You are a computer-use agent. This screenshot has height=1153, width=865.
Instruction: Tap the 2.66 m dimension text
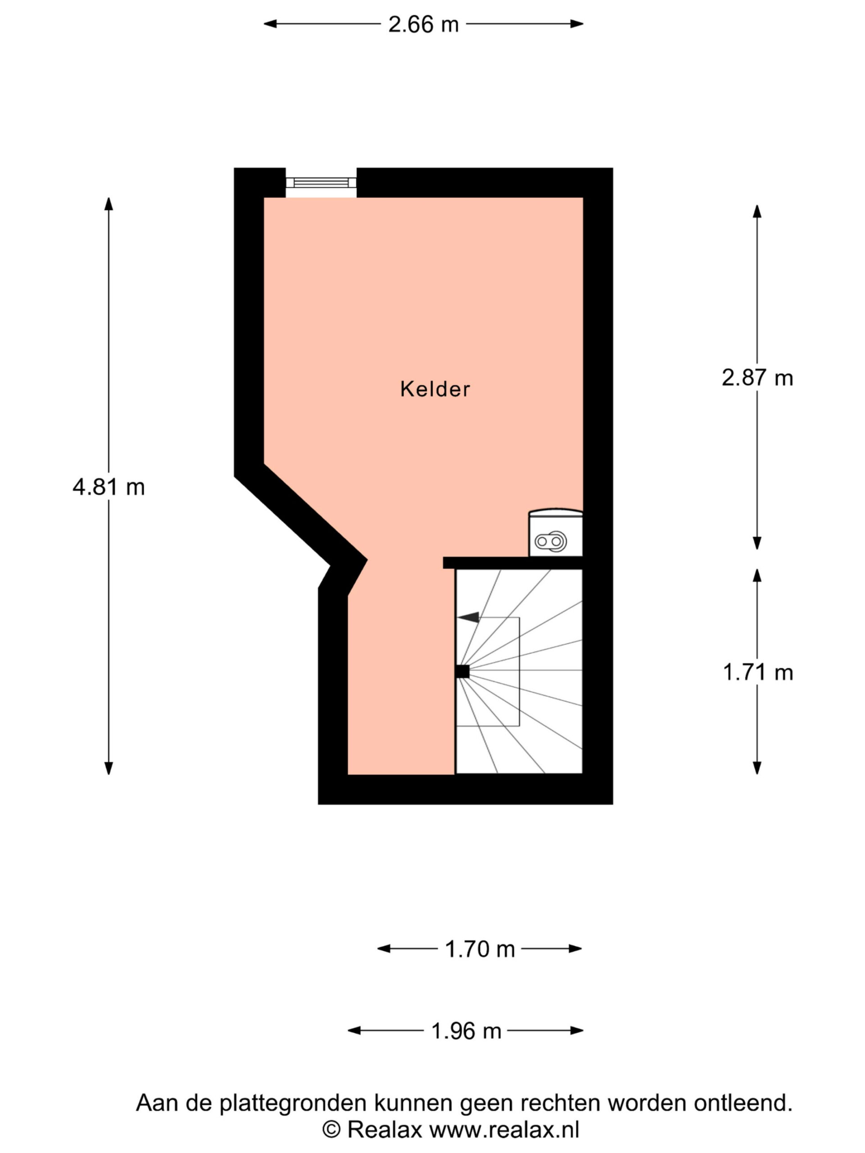423,24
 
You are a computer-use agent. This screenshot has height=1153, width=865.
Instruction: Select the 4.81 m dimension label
109,487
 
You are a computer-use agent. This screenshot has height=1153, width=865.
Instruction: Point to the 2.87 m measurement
757,377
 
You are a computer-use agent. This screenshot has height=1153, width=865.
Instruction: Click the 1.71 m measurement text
758,672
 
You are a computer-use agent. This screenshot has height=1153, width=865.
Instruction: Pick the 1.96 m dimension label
466,1030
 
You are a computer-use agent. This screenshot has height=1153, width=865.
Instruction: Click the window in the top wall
321,182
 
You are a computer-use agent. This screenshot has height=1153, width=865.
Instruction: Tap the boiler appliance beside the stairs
555,533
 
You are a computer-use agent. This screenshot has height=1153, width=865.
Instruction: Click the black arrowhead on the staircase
468,617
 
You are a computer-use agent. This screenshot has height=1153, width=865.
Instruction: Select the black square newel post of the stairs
462,672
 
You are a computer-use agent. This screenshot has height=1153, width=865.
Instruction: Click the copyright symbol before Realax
331,1130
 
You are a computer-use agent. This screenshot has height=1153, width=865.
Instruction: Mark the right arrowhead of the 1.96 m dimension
577,1030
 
